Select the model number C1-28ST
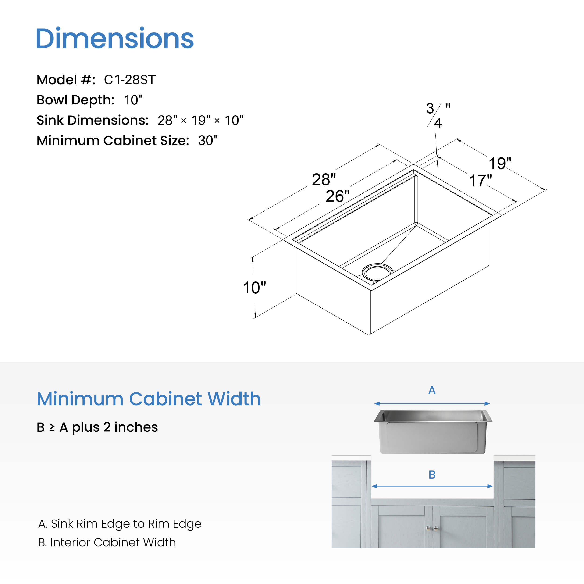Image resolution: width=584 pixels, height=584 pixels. (130, 80)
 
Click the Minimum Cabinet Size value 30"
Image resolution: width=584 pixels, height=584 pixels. (208, 141)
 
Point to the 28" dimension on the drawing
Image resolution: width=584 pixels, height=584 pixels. (324, 180)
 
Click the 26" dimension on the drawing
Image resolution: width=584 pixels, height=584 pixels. (337, 196)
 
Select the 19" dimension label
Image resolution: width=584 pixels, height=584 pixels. (500, 164)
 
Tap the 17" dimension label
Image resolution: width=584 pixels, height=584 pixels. (480, 181)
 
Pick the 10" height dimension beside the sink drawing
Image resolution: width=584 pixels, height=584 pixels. (254, 288)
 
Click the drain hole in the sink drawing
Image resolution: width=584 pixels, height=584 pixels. (377, 272)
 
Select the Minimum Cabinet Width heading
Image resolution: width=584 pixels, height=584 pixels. (148, 399)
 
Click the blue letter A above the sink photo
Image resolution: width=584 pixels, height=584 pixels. (432, 390)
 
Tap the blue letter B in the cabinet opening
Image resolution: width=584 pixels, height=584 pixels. (432, 475)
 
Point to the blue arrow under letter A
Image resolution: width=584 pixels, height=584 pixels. (432, 403)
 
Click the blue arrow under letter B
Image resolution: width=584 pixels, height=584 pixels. (432, 486)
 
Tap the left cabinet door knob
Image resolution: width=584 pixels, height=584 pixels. (428, 528)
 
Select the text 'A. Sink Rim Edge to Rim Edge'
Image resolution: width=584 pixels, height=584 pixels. (120, 524)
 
